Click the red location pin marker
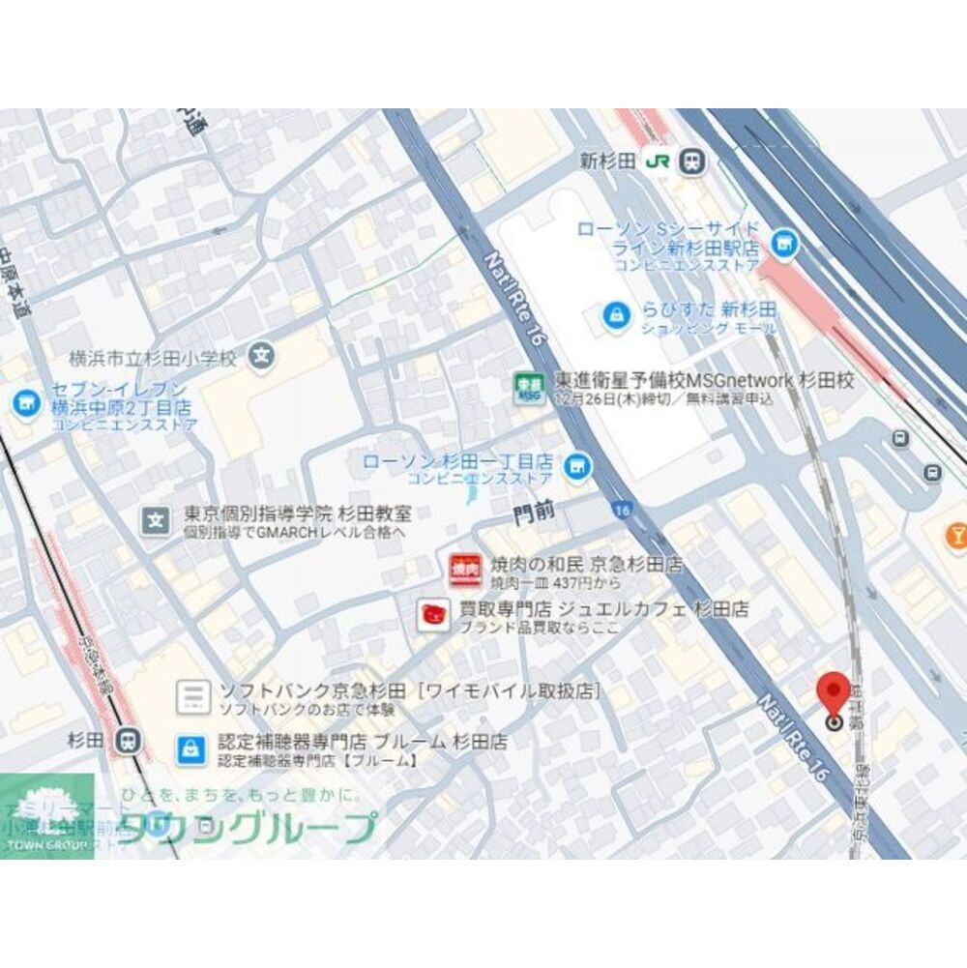pyautogui.click(x=834, y=696)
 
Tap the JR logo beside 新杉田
pyautogui.click(x=661, y=161)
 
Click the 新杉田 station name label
pyautogui.click(x=607, y=161)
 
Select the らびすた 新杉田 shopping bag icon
pyautogui.click(x=614, y=314)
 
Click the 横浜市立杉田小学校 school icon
pyautogui.click(x=259, y=356)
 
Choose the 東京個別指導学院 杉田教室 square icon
pyautogui.click(x=155, y=520)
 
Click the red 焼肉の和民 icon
pyautogui.click(x=465, y=569)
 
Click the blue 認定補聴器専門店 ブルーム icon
pyautogui.click(x=191, y=748)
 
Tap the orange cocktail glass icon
pyautogui.click(x=957, y=535)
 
